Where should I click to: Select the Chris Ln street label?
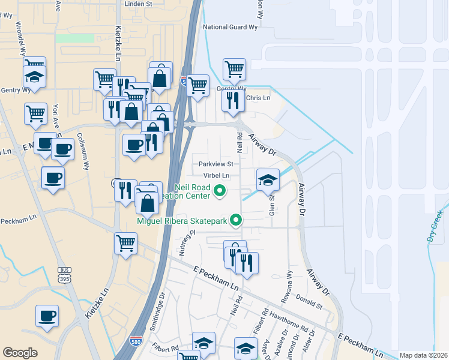coord(259,98)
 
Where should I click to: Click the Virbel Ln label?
coord(217,175)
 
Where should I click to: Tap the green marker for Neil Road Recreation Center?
coord(220,192)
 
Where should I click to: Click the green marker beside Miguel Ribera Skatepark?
coord(236,221)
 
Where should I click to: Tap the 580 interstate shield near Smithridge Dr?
coord(137,341)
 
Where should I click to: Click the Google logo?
coord(20,353)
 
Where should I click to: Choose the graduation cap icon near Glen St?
coord(268,179)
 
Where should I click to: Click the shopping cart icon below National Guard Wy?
coord(234,68)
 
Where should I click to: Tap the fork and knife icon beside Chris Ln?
coord(233,100)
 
